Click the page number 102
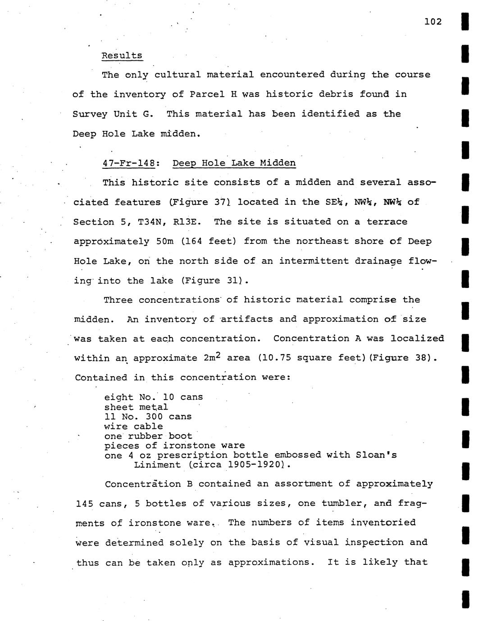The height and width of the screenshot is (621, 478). click(433, 22)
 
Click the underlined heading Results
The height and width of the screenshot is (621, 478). click(122, 56)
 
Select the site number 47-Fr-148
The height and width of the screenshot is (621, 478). click(129, 163)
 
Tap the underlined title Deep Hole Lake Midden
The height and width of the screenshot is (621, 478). click(234, 163)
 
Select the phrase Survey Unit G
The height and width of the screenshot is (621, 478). click(113, 114)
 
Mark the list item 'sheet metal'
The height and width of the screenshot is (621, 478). click(136, 407)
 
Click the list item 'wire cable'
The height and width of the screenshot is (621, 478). click(133, 426)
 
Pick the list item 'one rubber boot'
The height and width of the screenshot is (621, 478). click(148, 436)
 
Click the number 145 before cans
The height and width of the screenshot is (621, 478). click(85, 504)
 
